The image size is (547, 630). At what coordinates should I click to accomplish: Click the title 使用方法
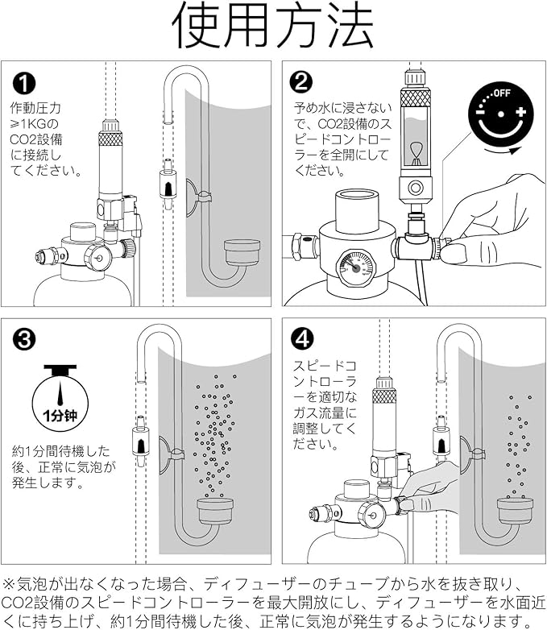click(273, 27)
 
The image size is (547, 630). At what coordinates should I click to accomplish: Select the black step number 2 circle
click(300, 83)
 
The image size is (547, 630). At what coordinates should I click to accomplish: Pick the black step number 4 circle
click(300, 338)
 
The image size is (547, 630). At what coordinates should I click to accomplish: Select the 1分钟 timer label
click(57, 417)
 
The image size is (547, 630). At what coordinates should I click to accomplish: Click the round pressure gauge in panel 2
click(354, 267)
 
